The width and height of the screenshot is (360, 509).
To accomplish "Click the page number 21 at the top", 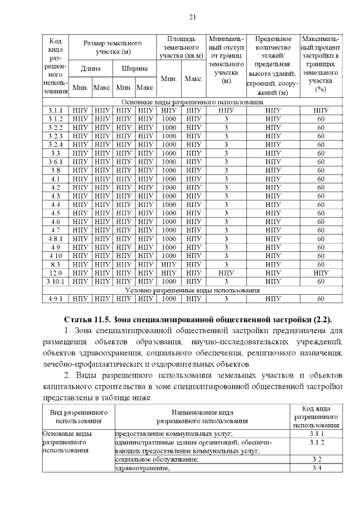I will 192,16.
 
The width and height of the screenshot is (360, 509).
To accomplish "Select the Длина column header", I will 90,69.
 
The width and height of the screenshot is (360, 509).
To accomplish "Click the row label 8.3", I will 55,264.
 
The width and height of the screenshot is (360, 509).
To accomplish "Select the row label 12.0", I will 55,273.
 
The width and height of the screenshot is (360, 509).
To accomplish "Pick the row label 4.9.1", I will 55,299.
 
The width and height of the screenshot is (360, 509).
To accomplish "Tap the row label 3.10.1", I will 55,281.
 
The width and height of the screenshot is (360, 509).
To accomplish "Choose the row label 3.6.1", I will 55,161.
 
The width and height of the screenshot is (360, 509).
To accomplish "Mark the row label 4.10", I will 55,256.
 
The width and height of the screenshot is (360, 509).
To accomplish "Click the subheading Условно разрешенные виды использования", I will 192,290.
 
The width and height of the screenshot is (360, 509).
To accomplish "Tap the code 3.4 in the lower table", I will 316,469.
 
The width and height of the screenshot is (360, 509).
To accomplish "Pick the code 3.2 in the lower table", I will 316,460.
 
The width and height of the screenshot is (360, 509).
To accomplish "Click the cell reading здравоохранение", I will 143,469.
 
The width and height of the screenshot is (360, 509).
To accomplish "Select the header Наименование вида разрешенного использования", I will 202,416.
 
